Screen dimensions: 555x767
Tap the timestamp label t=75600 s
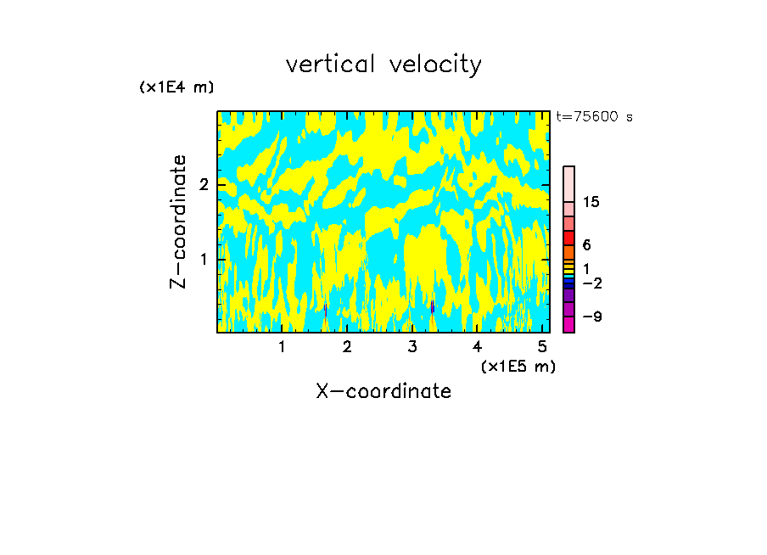[595, 117]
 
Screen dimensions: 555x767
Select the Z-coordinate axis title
[178, 221]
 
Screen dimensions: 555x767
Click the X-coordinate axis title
[383, 391]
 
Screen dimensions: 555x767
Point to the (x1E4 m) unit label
[176, 87]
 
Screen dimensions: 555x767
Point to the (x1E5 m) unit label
[518, 366]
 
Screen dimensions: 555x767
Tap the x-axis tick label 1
[282, 347]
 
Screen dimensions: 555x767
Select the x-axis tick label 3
[412, 347]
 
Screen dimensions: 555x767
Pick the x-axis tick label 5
[543, 347]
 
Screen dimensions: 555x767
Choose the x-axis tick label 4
[478, 347]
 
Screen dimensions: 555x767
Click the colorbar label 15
[591, 202]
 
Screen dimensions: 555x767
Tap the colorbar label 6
[586, 244]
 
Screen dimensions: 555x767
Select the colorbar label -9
[591, 317]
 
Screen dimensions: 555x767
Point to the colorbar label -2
[591, 283]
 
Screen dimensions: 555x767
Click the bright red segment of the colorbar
[569, 238]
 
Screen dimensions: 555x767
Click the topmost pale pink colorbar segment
[569, 183]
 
